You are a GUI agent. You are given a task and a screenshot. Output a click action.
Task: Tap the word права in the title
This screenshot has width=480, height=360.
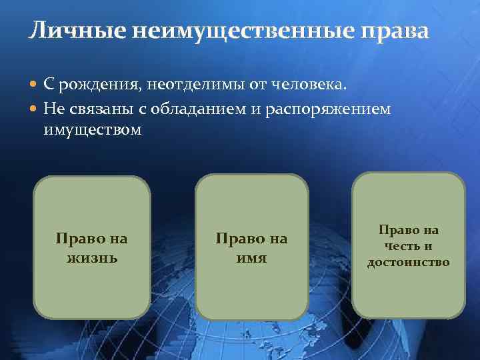pos(396,31)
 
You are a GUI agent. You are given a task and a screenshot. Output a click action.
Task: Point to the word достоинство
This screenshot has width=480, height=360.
pos(409,262)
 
